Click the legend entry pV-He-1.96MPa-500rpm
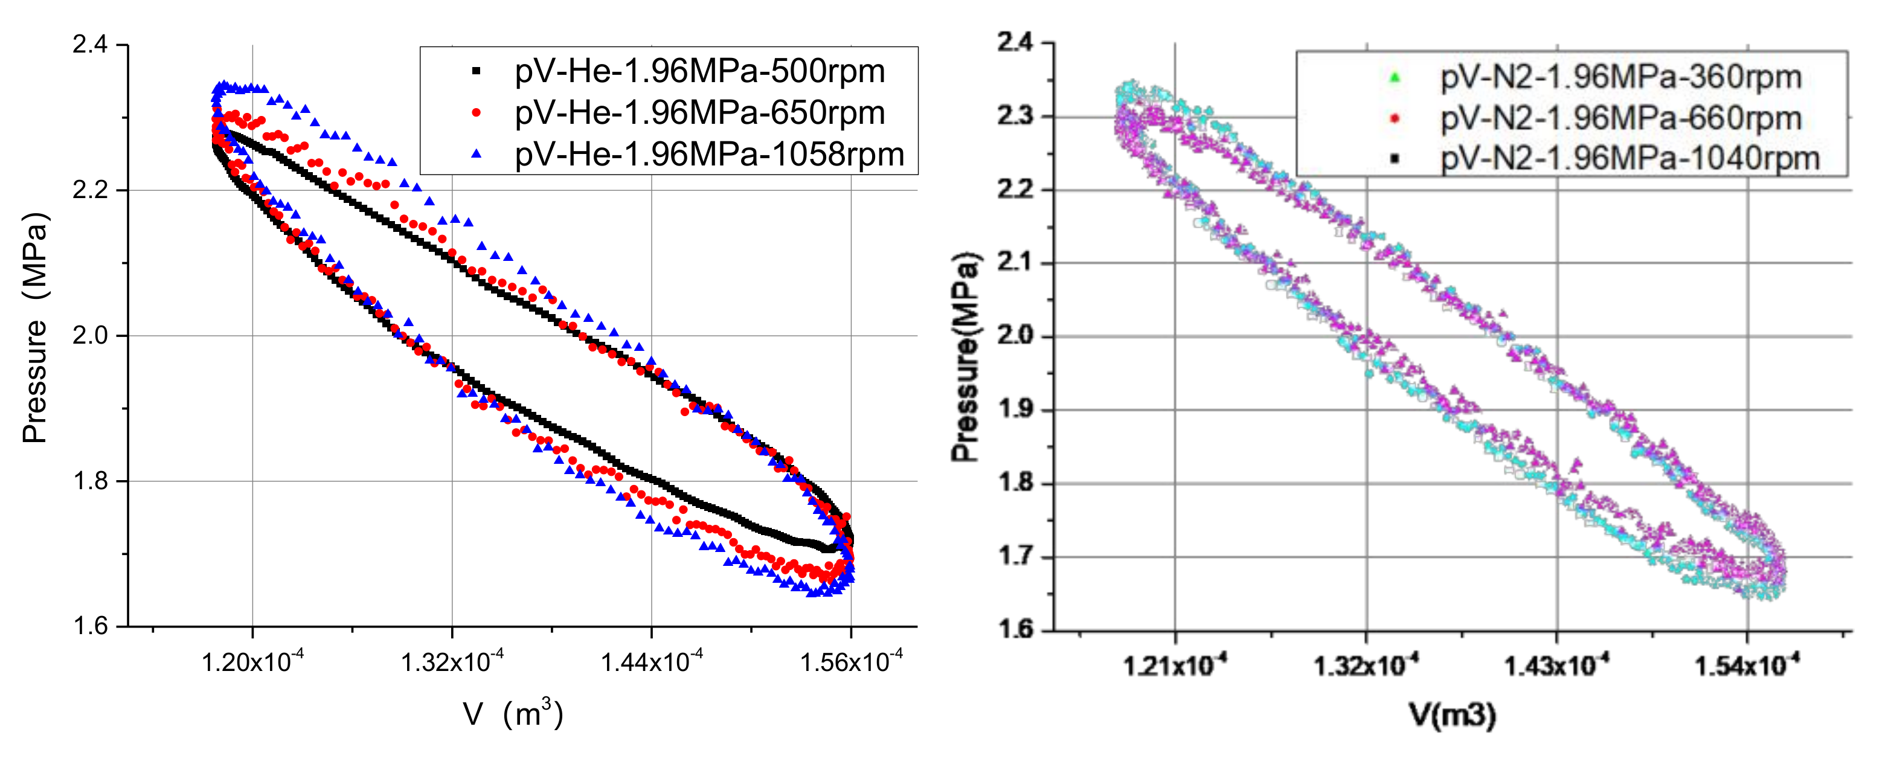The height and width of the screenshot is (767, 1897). coord(699,71)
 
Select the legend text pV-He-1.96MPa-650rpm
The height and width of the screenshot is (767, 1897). coord(699,112)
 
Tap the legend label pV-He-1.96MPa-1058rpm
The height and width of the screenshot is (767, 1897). coord(708,155)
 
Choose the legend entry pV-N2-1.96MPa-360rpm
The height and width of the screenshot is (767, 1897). coord(1621,77)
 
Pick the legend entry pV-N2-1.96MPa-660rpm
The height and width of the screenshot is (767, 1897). coord(1621,118)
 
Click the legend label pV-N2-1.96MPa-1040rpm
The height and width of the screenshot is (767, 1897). coord(1629,159)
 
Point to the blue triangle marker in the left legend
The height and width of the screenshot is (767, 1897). coord(477,154)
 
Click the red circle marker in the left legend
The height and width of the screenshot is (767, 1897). coord(477,112)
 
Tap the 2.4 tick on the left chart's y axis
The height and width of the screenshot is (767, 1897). coord(91,45)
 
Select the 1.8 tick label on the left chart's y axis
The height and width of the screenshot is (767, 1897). coord(91,481)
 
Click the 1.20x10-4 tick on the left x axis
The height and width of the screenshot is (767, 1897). coord(252,662)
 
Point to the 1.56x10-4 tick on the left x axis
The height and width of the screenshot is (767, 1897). coord(852,662)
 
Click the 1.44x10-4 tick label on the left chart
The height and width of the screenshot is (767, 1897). coord(652,662)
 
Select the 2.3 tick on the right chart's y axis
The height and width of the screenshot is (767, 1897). coord(1015,117)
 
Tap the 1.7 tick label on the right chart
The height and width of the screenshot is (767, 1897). coord(1015,556)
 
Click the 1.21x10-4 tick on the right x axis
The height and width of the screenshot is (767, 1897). coord(1175,666)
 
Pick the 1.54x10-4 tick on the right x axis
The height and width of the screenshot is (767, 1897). coord(1747,666)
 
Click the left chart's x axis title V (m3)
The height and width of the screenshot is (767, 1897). coord(513,714)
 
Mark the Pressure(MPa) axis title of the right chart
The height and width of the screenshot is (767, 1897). coord(966,357)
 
